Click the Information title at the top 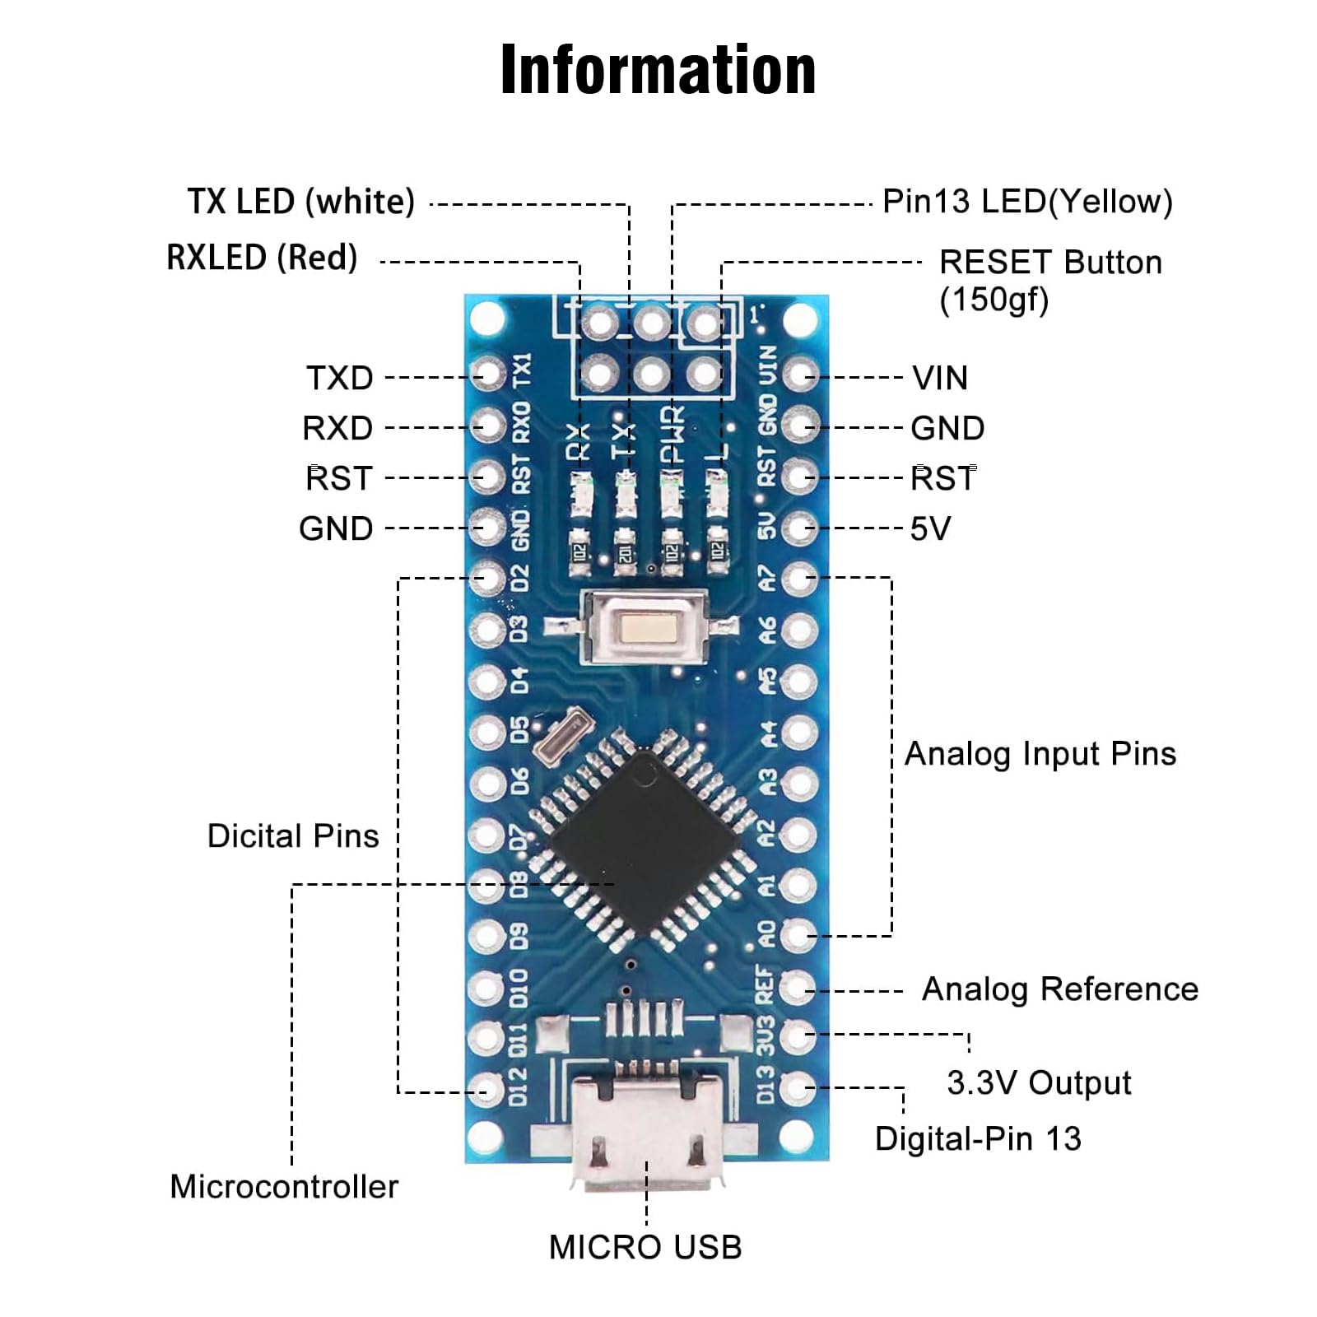658,71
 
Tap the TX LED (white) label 301,202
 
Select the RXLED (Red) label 262,258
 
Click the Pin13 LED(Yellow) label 1027,202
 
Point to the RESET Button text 1050,263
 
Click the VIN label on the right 940,379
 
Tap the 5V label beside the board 930,529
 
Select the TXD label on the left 340,379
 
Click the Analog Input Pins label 1040,754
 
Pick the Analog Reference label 1059,989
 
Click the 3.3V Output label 1039,1083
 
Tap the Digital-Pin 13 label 978,1139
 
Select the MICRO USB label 645,1248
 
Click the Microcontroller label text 284,1187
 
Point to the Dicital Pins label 293,836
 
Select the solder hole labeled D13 798,1088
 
